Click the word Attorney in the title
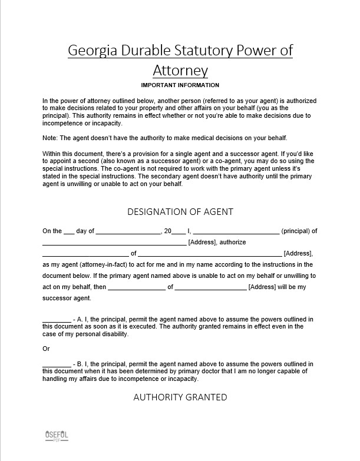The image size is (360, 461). [x=180, y=71]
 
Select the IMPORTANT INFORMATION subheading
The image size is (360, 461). [x=180, y=86]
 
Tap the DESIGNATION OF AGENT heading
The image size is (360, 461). [x=180, y=211]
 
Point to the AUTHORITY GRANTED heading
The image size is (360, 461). [x=180, y=397]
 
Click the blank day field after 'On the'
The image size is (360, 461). [x=69, y=232]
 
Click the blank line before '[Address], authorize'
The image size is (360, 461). [x=114, y=243]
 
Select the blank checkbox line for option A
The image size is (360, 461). [x=57, y=320]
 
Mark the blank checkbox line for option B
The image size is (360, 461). [x=57, y=364]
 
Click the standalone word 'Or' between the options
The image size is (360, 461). [x=46, y=349]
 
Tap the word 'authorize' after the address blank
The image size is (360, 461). [x=233, y=243]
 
